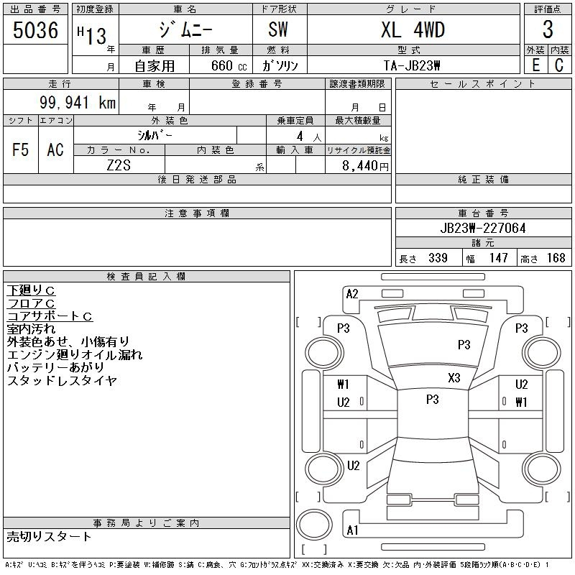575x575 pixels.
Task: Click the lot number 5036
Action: pyautogui.click(x=35, y=30)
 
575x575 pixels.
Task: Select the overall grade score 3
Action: pyautogui.click(x=548, y=29)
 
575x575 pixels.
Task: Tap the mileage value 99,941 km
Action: pyautogui.click(x=78, y=102)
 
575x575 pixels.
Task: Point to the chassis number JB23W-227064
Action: pyautogui.click(x=483, y=228)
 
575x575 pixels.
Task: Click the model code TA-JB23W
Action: pyautogui.click(x=412, y=65)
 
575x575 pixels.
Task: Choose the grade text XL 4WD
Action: pyautogui.click(x=413, y=29)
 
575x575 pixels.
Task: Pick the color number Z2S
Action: pyautogui.click(x=119, y=165)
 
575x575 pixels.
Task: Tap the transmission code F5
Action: pyautogui.click(x=21, y=149)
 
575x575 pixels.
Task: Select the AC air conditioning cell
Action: pyautogui.click(x=55, y=149)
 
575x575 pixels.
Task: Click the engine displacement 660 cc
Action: pyautogui.click(x=229, y=65)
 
